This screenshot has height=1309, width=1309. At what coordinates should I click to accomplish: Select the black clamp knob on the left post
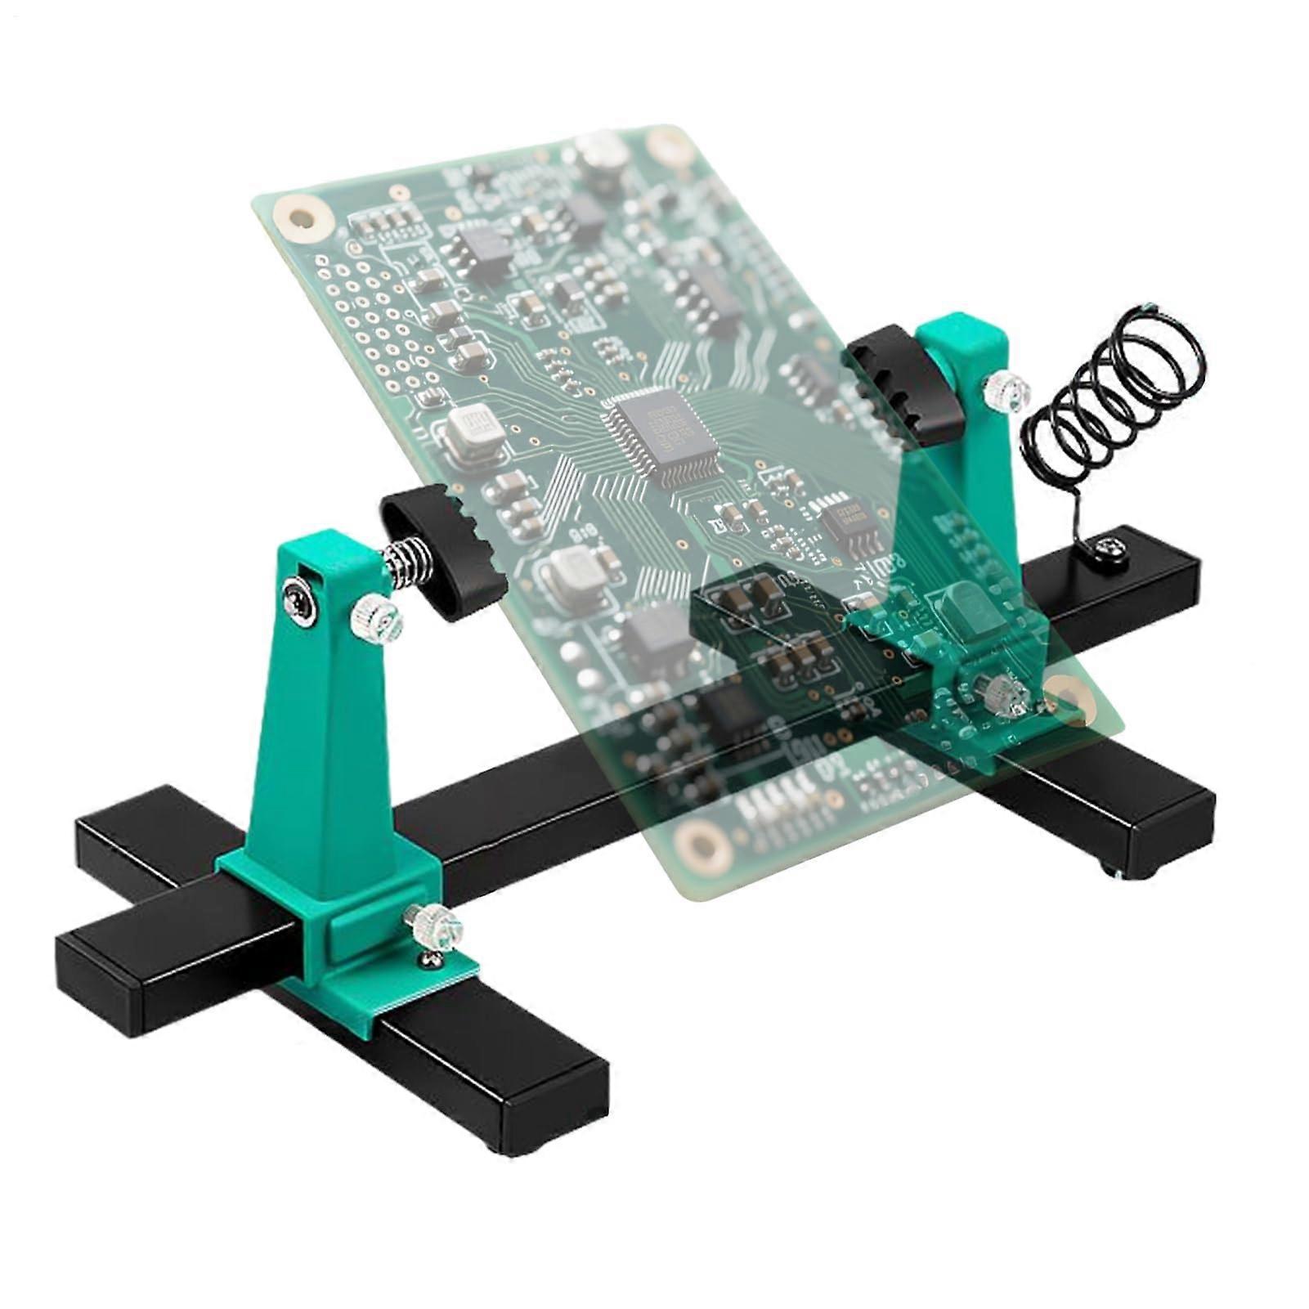446,549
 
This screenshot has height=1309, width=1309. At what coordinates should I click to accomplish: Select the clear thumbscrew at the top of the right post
1008,386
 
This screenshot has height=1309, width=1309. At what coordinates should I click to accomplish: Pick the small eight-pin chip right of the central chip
845,518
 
